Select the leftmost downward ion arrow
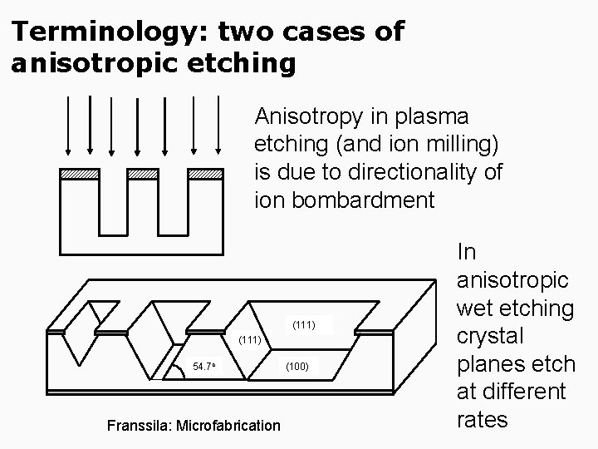coord(68,125)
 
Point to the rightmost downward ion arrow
coord(219,125)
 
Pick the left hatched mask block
coord(80,174)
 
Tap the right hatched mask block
coord(205,174)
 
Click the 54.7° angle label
coord(204,367)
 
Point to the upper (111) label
coord(303,323)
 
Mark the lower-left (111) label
coord(250,340)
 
